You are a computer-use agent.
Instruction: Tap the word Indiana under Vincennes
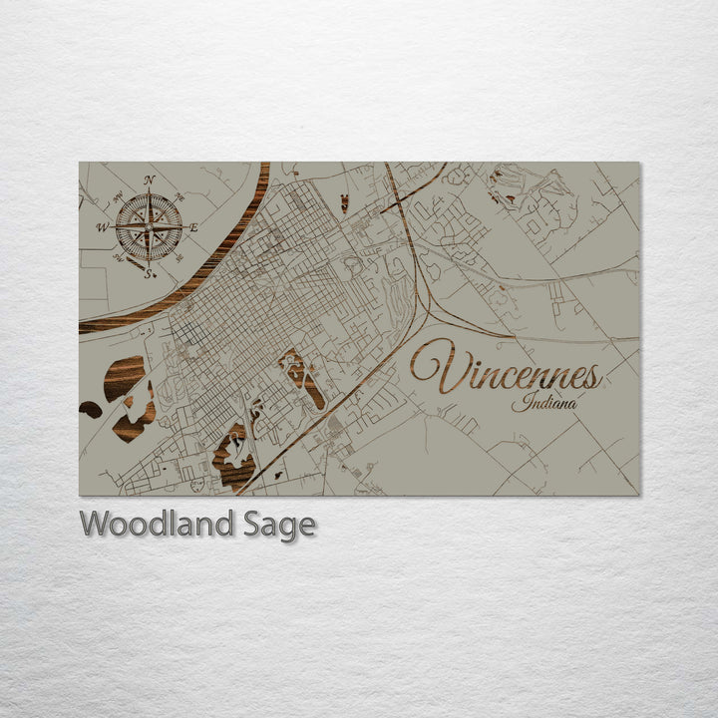[x=543, y=404]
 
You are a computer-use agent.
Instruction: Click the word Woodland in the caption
[x=157, y=524]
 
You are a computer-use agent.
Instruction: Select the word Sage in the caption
[x=279, y=526]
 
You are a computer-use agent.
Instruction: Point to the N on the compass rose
[x=150, y=180]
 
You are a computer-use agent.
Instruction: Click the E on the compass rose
[x=193, y=227]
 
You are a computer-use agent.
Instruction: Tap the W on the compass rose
[x=102, y=228]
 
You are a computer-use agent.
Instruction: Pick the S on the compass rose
[x=148, y=274]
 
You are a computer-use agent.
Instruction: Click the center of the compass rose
[x=149, y=227]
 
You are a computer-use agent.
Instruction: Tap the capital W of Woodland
[x=95, y=524]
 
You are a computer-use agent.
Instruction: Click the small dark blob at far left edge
[x=90, y=409]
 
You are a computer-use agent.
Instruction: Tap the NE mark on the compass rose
[x=179, y=196]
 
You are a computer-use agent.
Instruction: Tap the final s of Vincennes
[x=593, y=377]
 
